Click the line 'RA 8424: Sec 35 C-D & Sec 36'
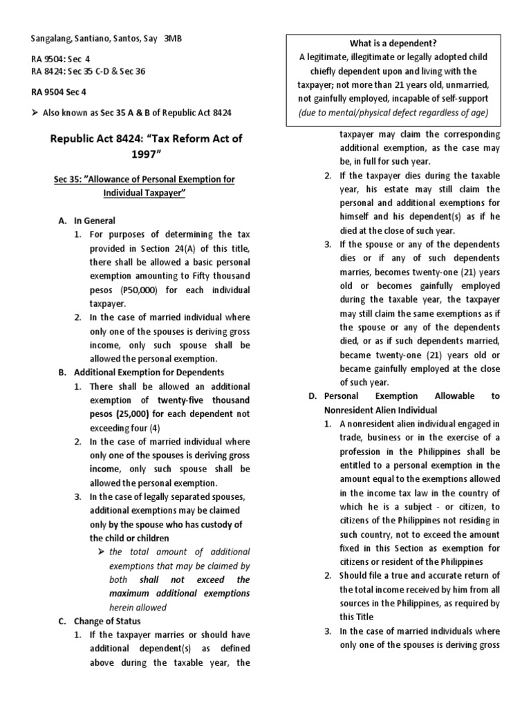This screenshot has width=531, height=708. [x=88, y=71]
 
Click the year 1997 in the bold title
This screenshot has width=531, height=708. [x=147, y=153]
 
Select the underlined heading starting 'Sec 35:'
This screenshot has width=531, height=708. [x=144, y=185]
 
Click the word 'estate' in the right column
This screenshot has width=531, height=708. [x=402, y=189]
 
